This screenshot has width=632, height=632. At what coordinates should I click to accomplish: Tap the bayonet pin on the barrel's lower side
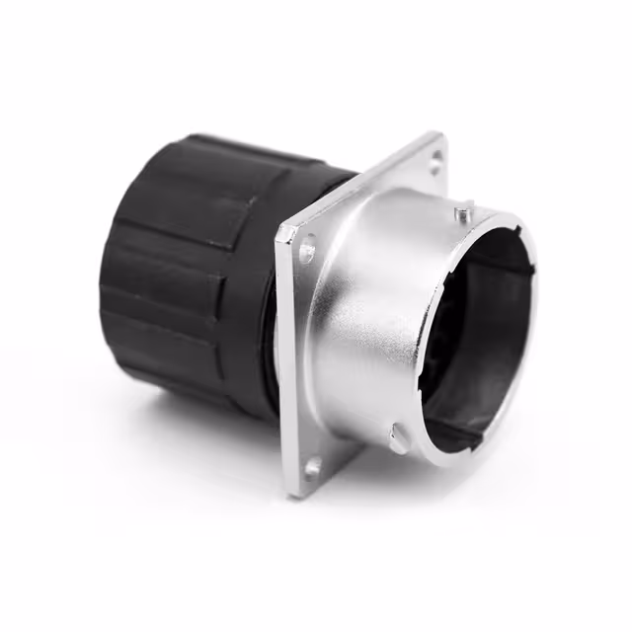(x=396, y=433)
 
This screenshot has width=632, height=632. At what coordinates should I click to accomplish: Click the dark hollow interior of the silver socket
(x=474, y=326)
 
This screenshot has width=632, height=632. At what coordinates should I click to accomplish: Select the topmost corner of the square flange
(x=439, y=134)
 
